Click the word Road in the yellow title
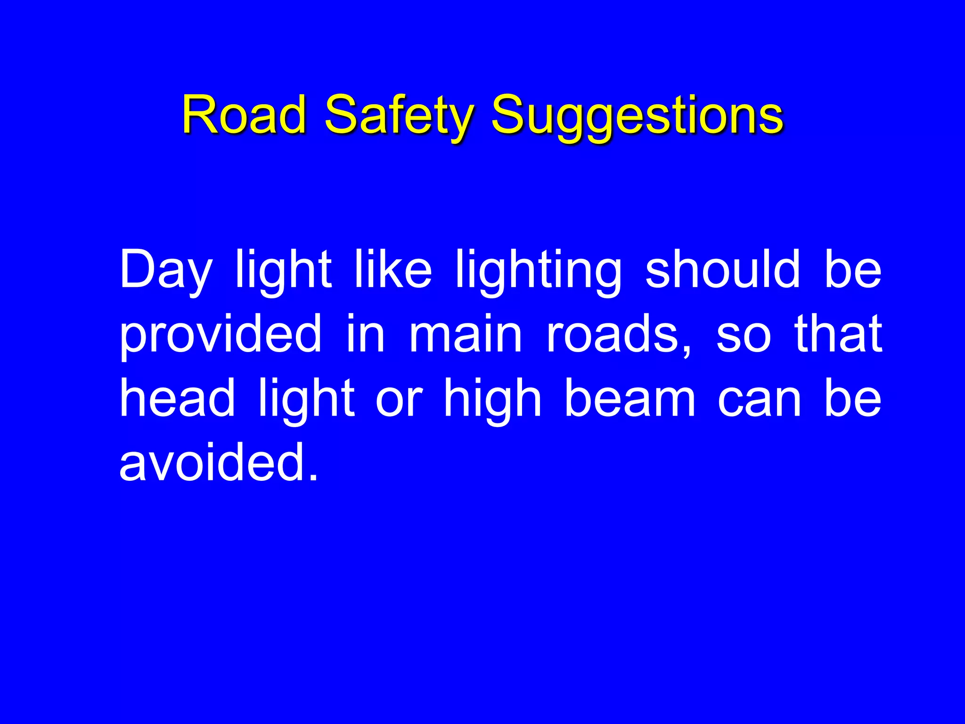pyautogui.click(x=244, y=115)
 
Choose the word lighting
pyautogui.click(x=539, y=271)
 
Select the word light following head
pyautogui.click(x=307, y=400)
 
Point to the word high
pyautogui.click(x=492, y=400)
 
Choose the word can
pyautogui.click(x=759, y=400)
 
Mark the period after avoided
pyautogui.click(x=313, y=477)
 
